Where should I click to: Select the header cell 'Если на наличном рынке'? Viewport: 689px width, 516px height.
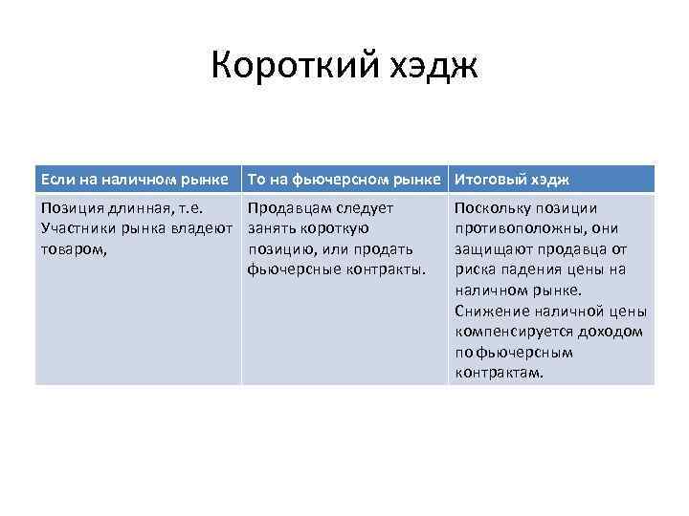pyautogui.click(x=133, y=179)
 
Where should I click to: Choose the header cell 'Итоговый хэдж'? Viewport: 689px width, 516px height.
pyautogui.click(x=512, y=179)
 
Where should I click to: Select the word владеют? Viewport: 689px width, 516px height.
pyautogui.click(x=201, y=228)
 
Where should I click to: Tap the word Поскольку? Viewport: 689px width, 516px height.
pyautogui.click(x=492, y=208)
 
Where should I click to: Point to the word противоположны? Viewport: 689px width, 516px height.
pyautogui.click(x=521, y=228)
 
